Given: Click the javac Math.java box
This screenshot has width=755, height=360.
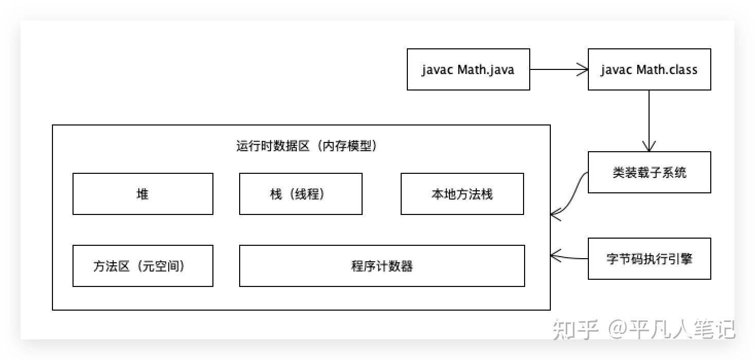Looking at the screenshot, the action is click(468, 69).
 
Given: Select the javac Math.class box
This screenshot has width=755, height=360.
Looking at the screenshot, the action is click(649, 69).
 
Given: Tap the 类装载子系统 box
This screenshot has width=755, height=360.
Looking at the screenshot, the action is click(649, 172).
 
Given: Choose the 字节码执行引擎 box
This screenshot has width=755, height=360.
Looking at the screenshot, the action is click(649, 259).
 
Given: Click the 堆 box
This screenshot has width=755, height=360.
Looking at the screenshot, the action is click(142, 194).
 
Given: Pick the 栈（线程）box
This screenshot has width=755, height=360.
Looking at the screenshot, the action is click(300, 194).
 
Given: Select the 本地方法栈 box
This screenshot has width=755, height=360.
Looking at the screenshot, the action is click(462, 194).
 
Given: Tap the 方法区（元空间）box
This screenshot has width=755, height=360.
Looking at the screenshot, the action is click(142, 266).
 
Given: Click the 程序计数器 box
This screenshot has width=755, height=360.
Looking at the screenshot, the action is click(382, 266).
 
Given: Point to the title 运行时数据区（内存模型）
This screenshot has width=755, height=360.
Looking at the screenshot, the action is click(307, 146).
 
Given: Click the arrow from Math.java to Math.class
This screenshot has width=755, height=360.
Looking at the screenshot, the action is click(558, 69).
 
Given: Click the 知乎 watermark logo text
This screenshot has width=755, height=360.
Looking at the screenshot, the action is click(575, 330).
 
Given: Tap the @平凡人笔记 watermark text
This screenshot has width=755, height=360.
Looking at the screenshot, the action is click(671, 330).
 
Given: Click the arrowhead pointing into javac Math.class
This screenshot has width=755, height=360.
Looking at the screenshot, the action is click(583, 69).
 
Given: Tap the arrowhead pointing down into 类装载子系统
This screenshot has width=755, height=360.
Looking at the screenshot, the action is click(649, 146).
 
